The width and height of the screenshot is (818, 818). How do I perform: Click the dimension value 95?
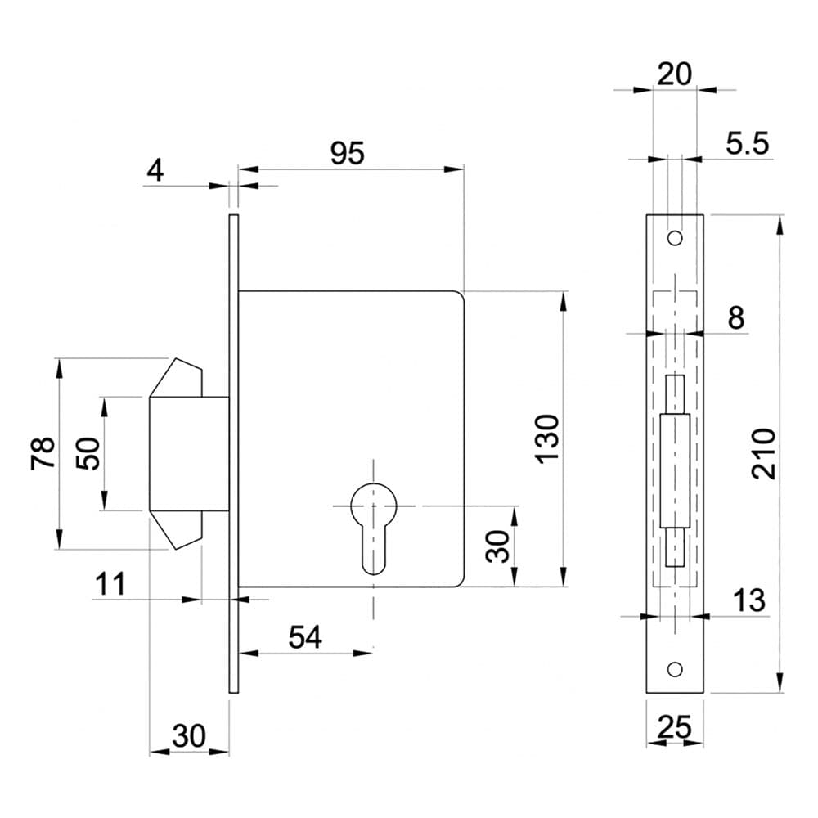coord(348,154)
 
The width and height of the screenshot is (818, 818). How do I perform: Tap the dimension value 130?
coord(547,438)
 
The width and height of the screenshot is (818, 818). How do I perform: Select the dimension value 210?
coord(764,453)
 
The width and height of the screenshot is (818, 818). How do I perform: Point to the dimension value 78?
coord(43,453)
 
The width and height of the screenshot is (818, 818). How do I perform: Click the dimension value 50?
coord(88,453)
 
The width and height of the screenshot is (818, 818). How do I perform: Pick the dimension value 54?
coord(305,637)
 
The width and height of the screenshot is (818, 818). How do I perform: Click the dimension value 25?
coord(675,726)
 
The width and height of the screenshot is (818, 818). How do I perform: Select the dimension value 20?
coord(675,74)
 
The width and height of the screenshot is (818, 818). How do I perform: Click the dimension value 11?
coord(110,584)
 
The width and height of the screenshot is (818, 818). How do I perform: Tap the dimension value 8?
coord(735,317)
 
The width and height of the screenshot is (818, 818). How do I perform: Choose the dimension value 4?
coord(155,169)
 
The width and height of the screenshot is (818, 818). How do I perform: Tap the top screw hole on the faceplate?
coord(675,238)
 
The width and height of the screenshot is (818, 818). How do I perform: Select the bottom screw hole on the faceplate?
coord(675,669)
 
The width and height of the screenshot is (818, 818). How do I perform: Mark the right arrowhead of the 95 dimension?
coord(453,169)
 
